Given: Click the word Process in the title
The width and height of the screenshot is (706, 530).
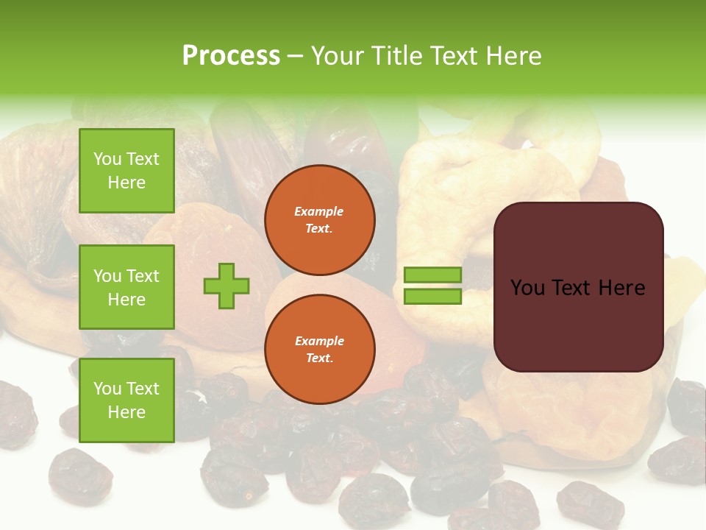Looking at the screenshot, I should (x=231, y=56).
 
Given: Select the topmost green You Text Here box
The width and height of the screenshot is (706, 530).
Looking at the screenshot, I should (x=126, y=171).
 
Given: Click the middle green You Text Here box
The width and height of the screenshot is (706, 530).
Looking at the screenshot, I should (x=126, y=287).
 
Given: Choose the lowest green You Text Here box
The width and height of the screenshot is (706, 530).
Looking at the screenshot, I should (x=126, y=400).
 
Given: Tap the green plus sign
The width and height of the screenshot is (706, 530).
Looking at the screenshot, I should (x=227, y=286).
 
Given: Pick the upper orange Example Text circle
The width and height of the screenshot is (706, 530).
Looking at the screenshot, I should (x=319, y=220).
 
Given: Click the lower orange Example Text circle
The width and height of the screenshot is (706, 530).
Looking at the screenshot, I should (x=319, y=349).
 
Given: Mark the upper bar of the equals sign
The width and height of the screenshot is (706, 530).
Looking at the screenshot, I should (x=432, y=275).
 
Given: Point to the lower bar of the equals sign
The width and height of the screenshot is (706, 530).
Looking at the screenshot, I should (x=432, y=297).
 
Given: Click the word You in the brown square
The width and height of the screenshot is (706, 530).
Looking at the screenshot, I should (x=526, y=288).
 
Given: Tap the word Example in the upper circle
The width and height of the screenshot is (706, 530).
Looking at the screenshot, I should (x=319, y=211).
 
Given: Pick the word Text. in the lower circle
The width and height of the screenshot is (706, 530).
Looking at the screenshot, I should (x=319, y=358).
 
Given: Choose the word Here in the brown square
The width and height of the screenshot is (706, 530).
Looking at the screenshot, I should (x=621, y=288).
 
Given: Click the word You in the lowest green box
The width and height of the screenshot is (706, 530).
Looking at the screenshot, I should (x=107, y=389).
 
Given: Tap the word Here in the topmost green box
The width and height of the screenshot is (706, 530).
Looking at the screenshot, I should (x=126, y=183).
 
